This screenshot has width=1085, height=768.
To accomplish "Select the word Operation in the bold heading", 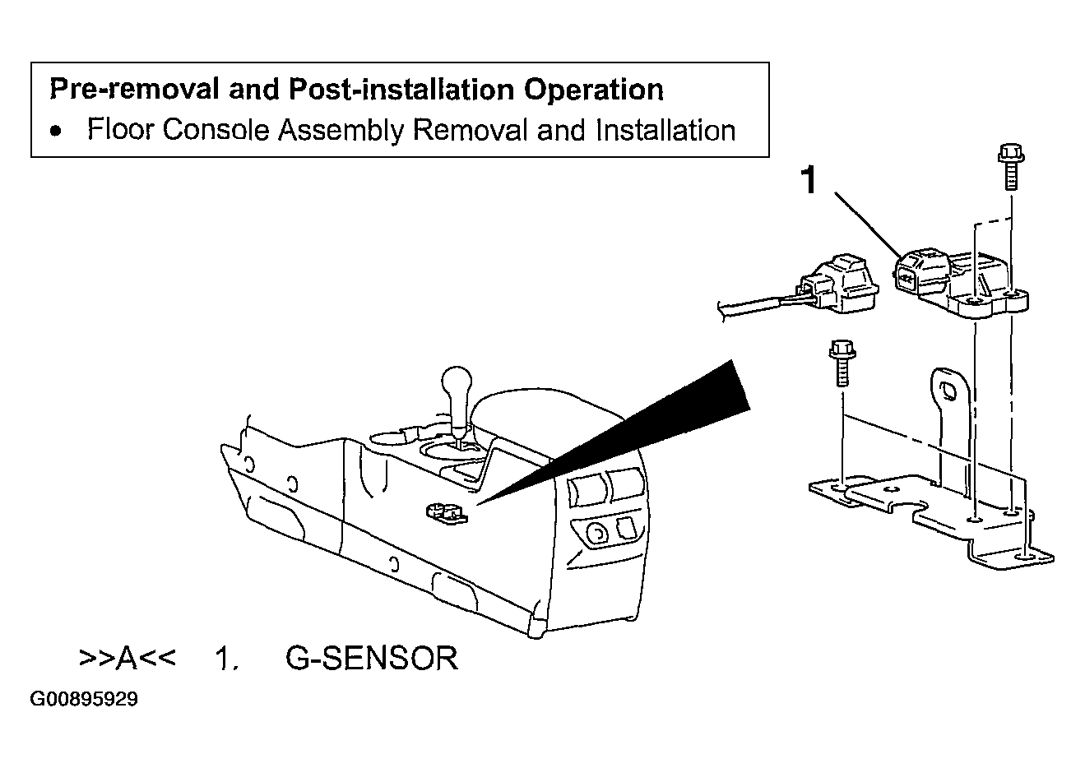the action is [x=593, y=90].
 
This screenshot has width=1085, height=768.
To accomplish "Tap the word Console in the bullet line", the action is [x=216, y=130].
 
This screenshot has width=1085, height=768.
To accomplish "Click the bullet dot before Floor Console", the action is [x=56, y=131].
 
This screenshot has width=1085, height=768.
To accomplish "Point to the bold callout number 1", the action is [x=809, y=180].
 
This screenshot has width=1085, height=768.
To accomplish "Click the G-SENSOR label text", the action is [x=372, y=658].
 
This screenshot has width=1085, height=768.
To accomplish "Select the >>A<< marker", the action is [x=128, y=658].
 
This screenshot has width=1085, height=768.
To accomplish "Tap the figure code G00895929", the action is [x=84, y=699].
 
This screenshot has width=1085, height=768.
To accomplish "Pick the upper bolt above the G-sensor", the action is [x=1011, y=167].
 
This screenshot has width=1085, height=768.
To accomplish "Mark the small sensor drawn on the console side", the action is [x=447, y=513].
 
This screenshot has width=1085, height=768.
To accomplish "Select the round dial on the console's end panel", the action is [x=597, y=534].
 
